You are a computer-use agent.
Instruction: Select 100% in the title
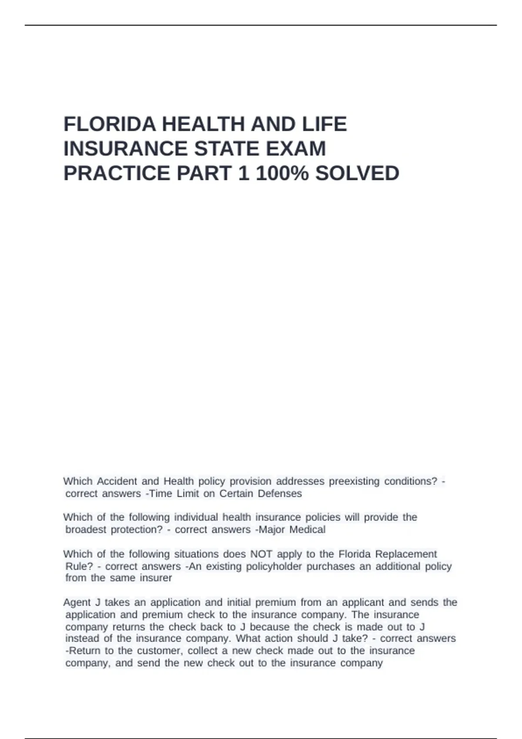click(282, 173)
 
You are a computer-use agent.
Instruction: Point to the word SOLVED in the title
click(357, 173)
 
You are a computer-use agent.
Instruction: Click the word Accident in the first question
click(117, 481)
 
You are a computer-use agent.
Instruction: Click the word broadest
click(86, 529)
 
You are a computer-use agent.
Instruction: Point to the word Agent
click(77, 602)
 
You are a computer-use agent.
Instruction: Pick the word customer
click(159, 651)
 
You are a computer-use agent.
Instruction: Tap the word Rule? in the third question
click(79, 566)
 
